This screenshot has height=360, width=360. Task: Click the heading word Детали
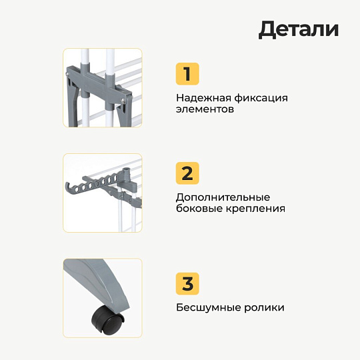[x=298, y=29]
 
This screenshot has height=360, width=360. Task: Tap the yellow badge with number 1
[x=187, y=74]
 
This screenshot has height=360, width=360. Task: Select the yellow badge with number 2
[x=187, y=173]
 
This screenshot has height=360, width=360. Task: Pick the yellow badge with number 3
[x=187, y=283]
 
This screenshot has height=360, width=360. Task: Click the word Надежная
[x=203, y=98]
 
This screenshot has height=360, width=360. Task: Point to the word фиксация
[x=261, y=99]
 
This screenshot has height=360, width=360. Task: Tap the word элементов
[x=205, y=109]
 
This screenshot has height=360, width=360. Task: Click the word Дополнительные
[x=223, y=198]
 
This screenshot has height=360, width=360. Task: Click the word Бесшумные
[x=208, y=307]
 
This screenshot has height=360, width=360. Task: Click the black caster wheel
[x=107, y=320]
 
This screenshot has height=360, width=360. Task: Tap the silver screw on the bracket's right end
[x=123, y=99]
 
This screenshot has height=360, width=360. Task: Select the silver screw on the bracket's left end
[x=67, y=73]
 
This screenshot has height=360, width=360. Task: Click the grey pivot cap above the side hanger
[x=126, y=171]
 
